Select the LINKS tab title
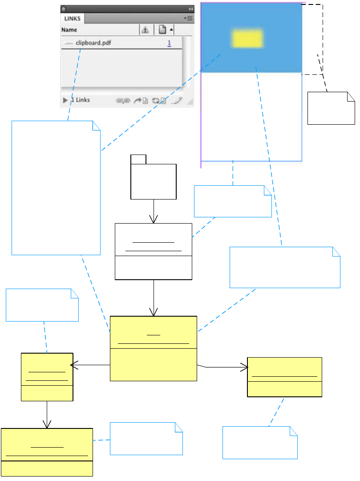coord(72,19)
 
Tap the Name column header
coord(69,30)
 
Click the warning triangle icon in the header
coord(145,30)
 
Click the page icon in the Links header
coord(162,30)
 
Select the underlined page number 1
coord(170,43)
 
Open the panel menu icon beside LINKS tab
coord(188,19)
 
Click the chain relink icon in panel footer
coord(122,101)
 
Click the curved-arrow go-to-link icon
coord(139,101)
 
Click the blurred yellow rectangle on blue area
coord(247,39)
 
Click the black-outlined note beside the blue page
coord(331,108)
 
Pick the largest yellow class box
coord(154,348)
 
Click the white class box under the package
coord(154,252)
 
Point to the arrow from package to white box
coord(154,211)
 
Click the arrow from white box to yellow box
coord(154,298)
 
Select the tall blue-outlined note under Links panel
coord(56,188)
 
